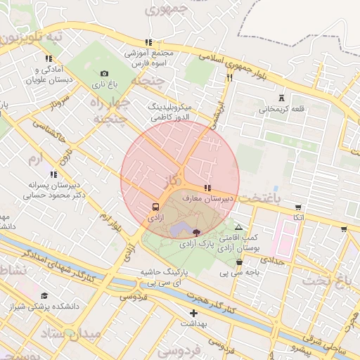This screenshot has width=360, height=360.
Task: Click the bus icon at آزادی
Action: click(155, 207)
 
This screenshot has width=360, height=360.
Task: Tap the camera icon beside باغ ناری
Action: click(105, 73)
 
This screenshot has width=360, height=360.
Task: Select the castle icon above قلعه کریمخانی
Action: click(282, 98)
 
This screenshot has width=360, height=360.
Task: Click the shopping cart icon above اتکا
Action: click(299, 207)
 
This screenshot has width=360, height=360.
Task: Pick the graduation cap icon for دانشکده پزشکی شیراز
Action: click(45, 295)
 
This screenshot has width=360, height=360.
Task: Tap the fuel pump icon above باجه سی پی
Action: click(240, 262)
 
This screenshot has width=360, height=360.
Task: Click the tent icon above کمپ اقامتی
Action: click(239, 227)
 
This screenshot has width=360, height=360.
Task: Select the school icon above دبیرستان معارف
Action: click(207, 188)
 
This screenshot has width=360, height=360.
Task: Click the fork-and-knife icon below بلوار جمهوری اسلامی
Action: click(229, 78)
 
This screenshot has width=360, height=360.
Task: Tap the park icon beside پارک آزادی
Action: click(196, 232)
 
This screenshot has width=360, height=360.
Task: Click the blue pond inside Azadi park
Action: click(179, 229)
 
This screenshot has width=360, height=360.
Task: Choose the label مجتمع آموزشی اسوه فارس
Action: click(148, 58)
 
